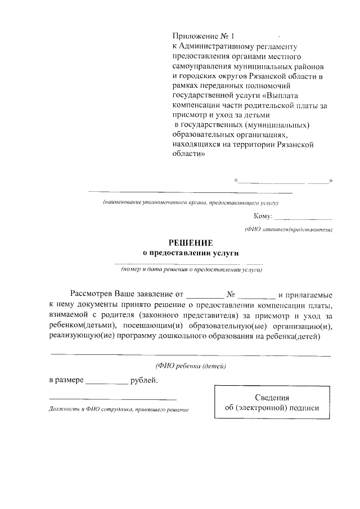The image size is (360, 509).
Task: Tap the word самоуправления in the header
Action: [x=202, y=66]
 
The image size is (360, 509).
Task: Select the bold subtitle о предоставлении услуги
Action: [x=191, y=253]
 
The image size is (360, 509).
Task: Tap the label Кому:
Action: [x=263, y=216]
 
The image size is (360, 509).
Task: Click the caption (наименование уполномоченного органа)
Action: [x=191, y=202]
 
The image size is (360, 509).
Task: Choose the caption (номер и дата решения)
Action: [x=191, y=270]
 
